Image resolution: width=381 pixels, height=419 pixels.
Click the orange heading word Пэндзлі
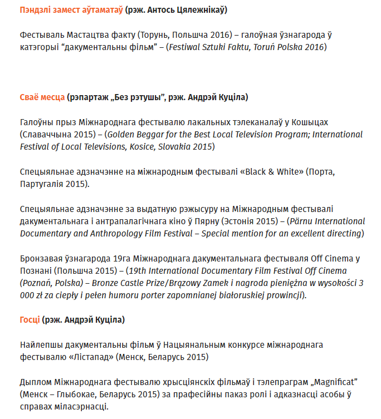[35, 10]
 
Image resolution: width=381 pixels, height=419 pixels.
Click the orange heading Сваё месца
[42, 97]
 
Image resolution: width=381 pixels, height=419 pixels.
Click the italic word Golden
[120, 135]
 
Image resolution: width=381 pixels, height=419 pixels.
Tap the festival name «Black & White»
[269, 172]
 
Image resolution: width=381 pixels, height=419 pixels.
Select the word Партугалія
[43, 184]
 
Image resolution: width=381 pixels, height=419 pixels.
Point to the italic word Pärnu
[301, 221]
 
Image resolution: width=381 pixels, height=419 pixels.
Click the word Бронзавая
[41, 259]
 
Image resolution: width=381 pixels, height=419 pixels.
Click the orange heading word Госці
[30, 320]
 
